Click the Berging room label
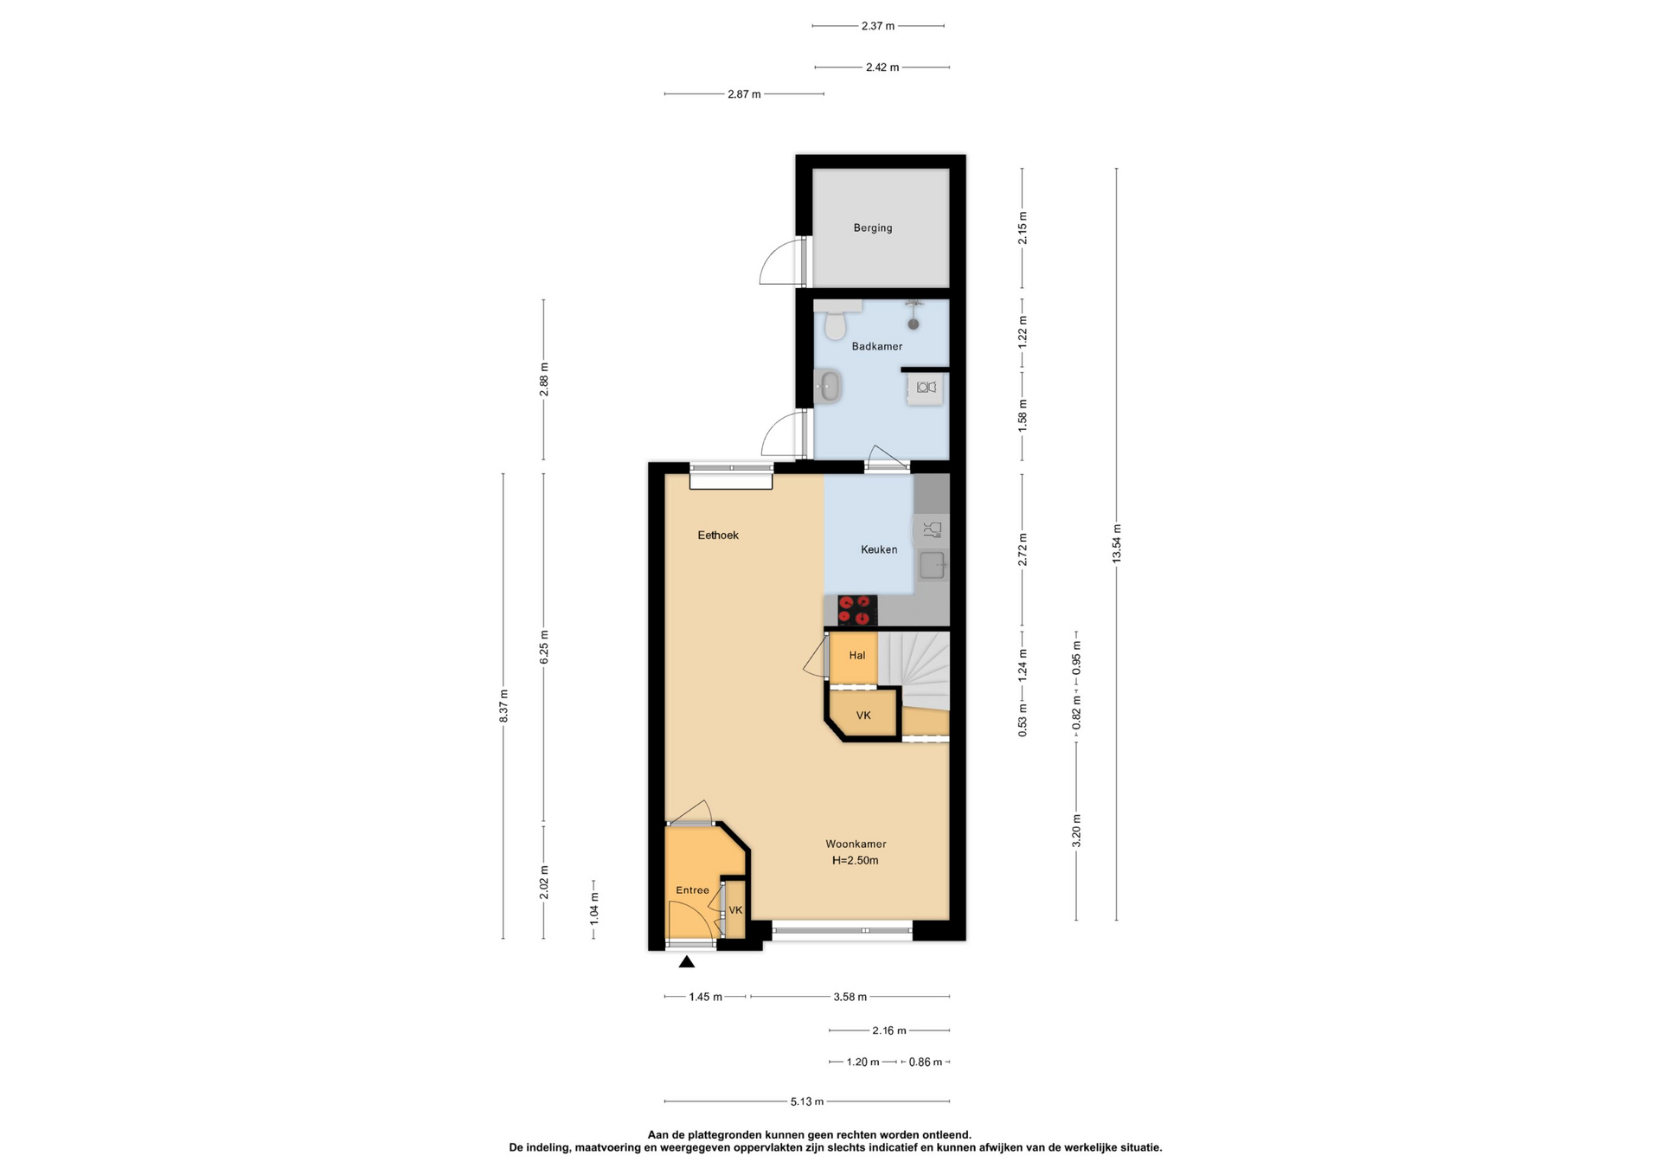tap(872, 228)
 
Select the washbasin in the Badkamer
tap(829, 386)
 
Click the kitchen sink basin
tap(932, 566)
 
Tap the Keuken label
tap(879, 549)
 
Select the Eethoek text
tap(718, 535)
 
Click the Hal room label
tap(856, 655)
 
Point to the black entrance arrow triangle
tap(686, 961)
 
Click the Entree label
tap(692, 890)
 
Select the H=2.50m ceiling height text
tap(856, 860)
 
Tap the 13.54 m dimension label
tap(1116, 543)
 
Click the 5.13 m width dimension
tap(806, 1101)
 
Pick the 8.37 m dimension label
tap(503, 706)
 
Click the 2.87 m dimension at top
tap(744, 94)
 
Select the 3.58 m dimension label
tap(850, 997)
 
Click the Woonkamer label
tap(856, 844)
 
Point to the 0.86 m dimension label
tap(925, 1062)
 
